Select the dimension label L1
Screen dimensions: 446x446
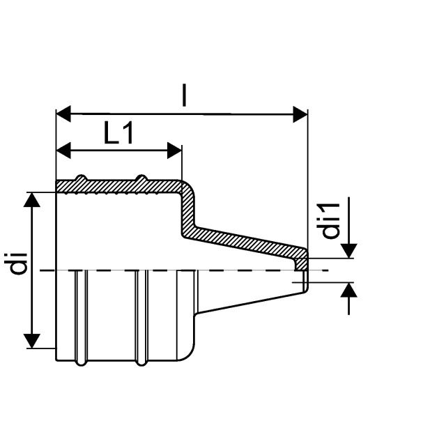(118, 134)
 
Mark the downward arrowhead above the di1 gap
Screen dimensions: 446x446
(349, 249)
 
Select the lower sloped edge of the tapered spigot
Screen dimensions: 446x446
(251, 304)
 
